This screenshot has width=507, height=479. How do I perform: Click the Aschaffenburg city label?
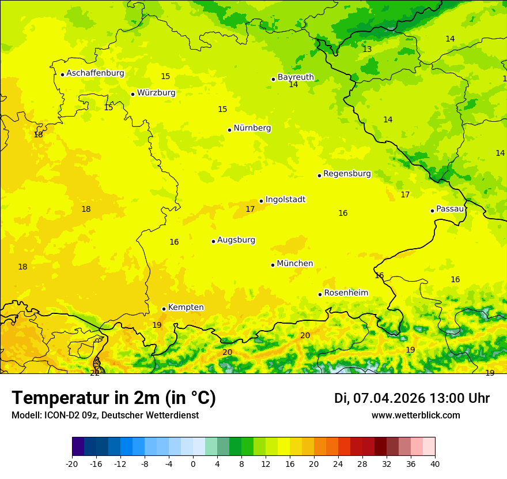[95, 73]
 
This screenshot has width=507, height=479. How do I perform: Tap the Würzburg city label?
[156, 93]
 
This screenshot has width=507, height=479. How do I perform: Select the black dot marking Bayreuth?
[273, 79]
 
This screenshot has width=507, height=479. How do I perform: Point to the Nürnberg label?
[252, 128]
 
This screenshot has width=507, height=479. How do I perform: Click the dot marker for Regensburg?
[319, 175]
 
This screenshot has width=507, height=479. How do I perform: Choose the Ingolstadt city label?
[285, 200]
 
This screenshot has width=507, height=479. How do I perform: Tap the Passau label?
[450, 209]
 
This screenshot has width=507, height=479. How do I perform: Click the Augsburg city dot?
[213, 241]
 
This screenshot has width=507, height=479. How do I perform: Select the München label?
[295, 264]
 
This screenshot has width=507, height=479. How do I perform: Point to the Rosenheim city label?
[346, 293]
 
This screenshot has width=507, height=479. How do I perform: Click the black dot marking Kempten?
[164, 309]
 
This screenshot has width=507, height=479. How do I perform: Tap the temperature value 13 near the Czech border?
[367, 50]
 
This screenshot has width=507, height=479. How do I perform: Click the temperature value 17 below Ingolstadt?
[250, 209]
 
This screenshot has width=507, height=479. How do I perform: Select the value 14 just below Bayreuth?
[293, 85]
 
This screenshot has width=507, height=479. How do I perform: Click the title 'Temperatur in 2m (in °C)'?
[113, 398]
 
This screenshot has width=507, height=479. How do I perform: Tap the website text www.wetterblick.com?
[415, 416]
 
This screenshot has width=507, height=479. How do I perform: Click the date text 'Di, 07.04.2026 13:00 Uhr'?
[412, 398]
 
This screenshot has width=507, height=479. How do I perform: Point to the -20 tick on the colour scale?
[72, 463]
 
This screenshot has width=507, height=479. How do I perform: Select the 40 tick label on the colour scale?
[435, 463]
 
